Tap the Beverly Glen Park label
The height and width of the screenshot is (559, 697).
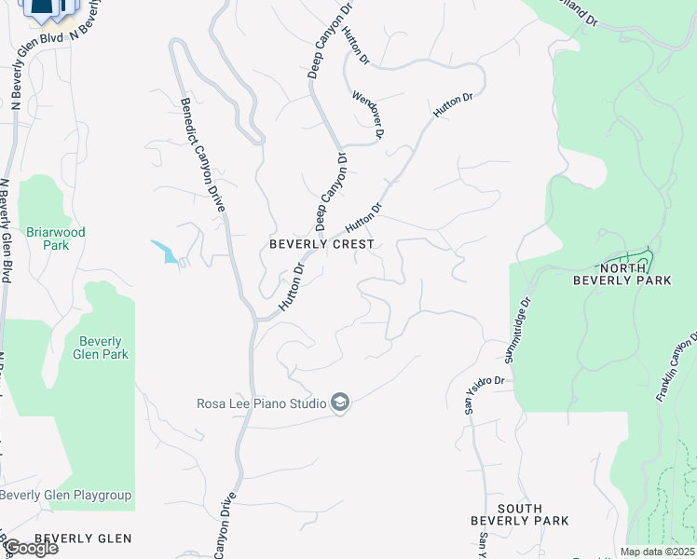[x=102, y=348]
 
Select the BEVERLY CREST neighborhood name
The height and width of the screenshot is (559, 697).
[x=321, y=244]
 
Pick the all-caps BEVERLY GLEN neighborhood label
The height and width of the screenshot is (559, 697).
[x=83, y=539]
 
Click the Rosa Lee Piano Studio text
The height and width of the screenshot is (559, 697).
[x=261, y=403]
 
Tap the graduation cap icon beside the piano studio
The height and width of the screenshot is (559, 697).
[x=340, y=402]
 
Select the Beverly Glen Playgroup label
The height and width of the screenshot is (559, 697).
[x=67, y=496]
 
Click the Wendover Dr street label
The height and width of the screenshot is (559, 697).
[x=369, y=115]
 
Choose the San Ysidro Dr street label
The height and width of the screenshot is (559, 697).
[x=485, y=383]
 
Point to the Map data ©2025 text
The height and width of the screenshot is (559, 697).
[x=656, y=552]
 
